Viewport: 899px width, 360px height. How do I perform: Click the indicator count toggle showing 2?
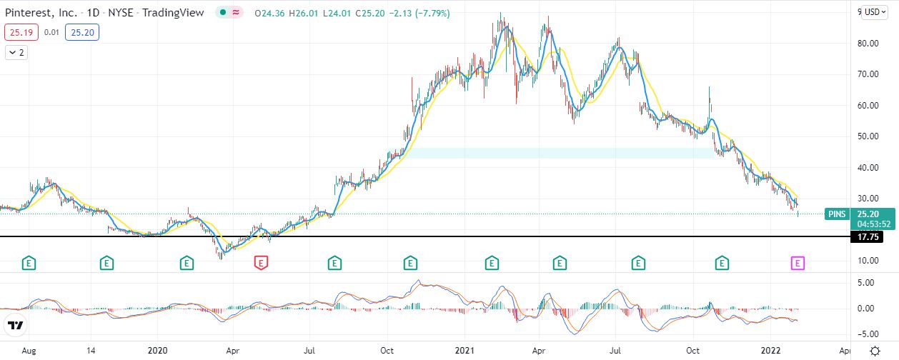tap(17, 52)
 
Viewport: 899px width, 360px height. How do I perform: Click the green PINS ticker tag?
tap(835, 214)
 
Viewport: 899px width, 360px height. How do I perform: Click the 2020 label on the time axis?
tap(157, 351)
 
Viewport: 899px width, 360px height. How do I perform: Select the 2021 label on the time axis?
tap(465, 351)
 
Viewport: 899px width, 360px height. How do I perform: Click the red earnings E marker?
tap(262, 264)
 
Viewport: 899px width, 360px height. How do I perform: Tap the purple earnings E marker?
tap(798, 264)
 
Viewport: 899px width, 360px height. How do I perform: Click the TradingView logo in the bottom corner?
tap(16, 326)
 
